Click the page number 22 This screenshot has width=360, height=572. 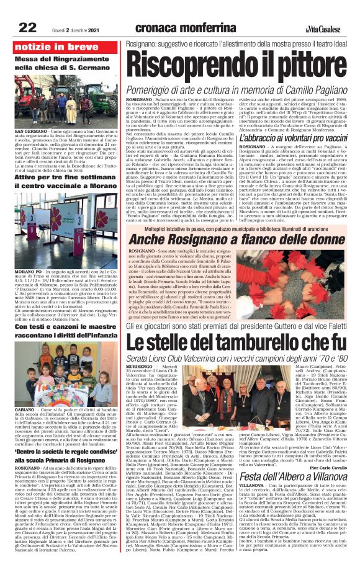(28, 27)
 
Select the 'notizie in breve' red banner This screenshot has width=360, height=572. (48, 46)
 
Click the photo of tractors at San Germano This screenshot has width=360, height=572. (59, 107)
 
